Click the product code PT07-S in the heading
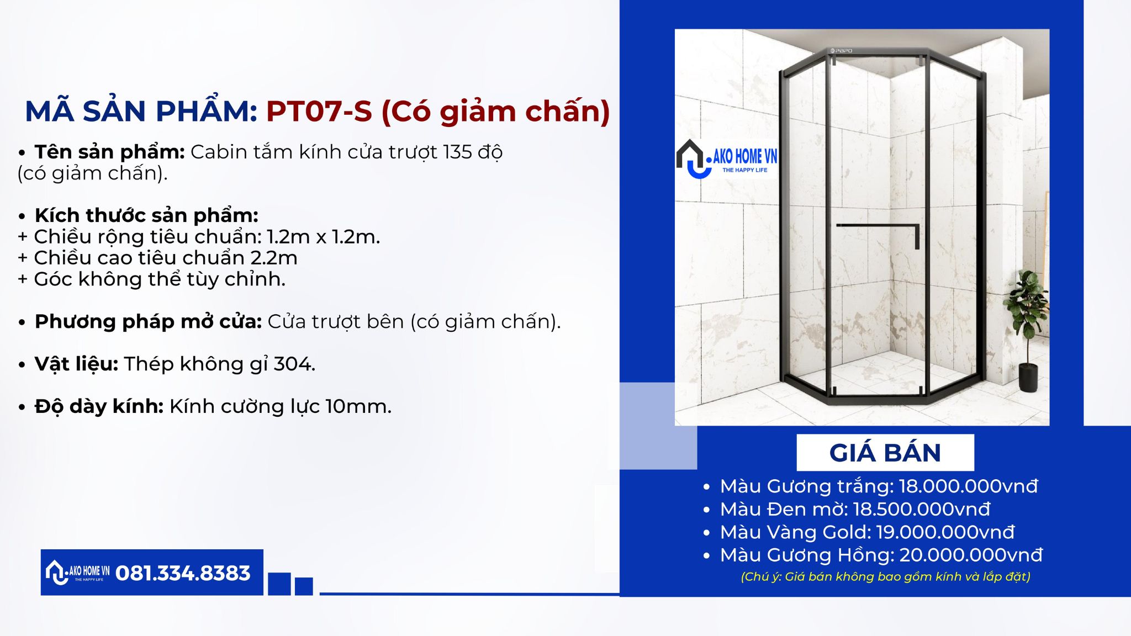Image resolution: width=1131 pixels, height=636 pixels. coord(319,111)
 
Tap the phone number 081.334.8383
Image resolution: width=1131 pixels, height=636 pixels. coord(183,573)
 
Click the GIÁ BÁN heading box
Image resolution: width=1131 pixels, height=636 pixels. coord(885,453)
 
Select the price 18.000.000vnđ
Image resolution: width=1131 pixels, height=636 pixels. coord(969,486)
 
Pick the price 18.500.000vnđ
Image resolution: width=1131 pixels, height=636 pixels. coord(922,509)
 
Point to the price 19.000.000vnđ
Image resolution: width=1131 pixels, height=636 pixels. coord(945,532)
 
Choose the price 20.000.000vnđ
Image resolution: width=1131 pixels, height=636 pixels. coord(971,555)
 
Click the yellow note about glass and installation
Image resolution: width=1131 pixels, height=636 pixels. coord(885,577)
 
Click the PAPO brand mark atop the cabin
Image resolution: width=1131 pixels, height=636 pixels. coord(841,51)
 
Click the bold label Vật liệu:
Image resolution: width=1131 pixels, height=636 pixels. coord(76,364)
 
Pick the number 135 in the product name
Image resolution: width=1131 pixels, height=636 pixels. coord(457,152)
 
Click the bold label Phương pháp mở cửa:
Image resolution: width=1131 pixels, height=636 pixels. coord(148,322)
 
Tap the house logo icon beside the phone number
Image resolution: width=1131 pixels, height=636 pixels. coord(57,573)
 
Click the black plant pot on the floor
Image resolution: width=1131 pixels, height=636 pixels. coord(1028,378)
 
